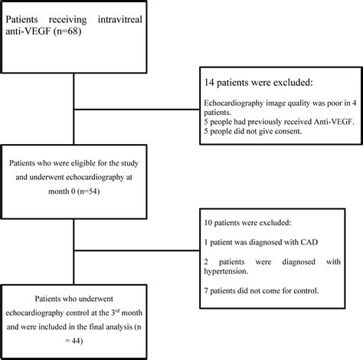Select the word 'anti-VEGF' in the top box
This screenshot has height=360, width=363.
31,31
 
